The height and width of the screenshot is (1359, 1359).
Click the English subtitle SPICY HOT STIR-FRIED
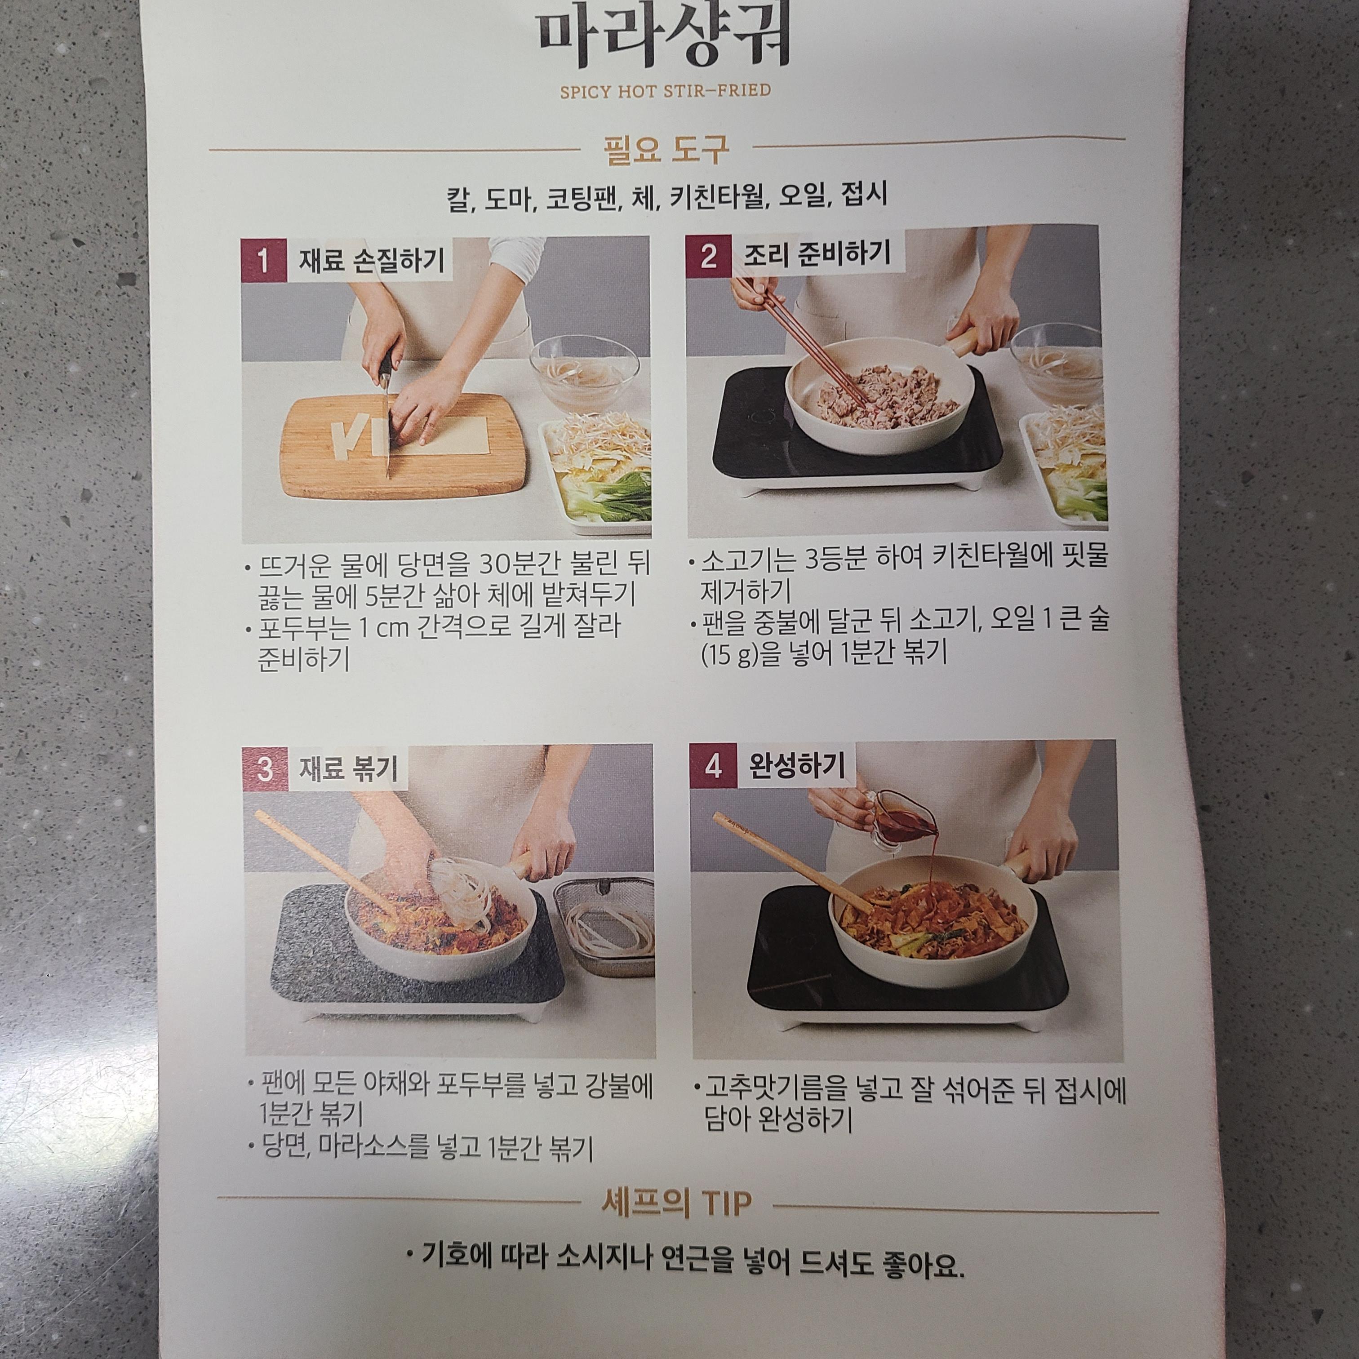coord(665,91)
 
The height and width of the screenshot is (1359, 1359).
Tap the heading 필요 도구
coord(666,148)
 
